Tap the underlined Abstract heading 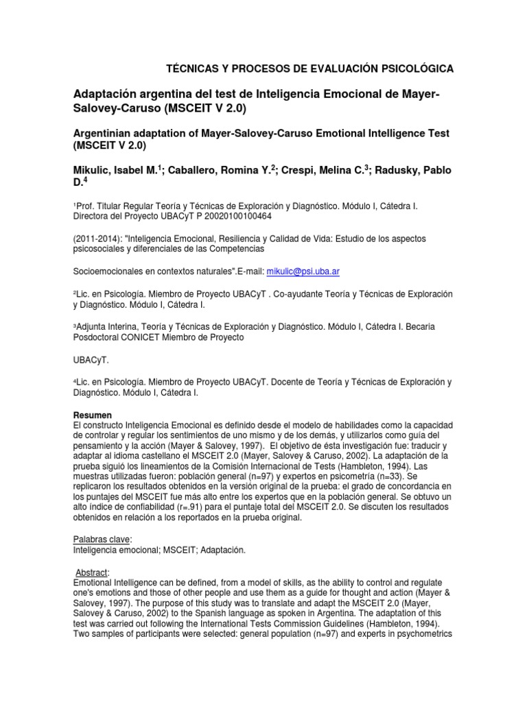[x=93, y=572]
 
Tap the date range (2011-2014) [x=97, y=238]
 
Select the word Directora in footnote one [x=95, y=215]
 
